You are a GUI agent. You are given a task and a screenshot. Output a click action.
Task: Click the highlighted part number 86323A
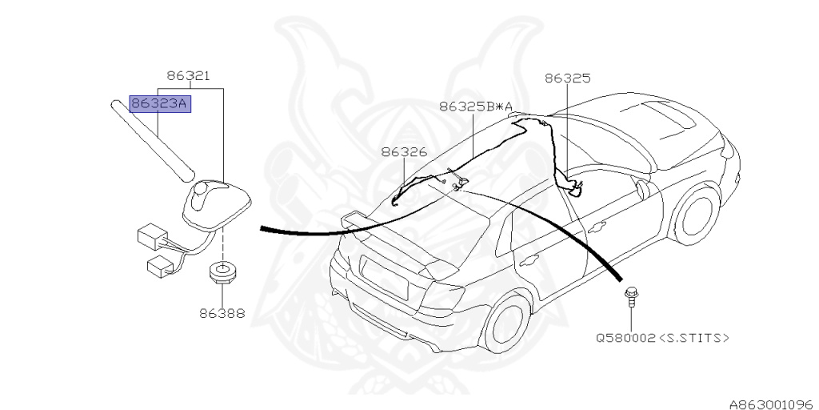[x=160, y=103]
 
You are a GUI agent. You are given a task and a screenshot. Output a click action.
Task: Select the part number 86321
[x=188, y=77]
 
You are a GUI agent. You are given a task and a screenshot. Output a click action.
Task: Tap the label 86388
[x=222, y=313]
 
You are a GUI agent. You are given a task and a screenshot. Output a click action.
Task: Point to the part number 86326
[x=403, y=151]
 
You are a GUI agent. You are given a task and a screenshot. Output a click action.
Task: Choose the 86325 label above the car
[x=567, y=78]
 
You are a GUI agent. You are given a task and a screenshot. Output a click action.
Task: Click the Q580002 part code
[x=626, y=338]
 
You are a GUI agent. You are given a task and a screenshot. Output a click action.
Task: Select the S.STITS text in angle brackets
[x=693, y=338]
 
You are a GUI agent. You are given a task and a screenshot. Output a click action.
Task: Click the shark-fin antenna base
[x=216, y=201]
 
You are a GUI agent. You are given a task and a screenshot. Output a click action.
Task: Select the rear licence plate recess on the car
[x=386, y=275]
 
